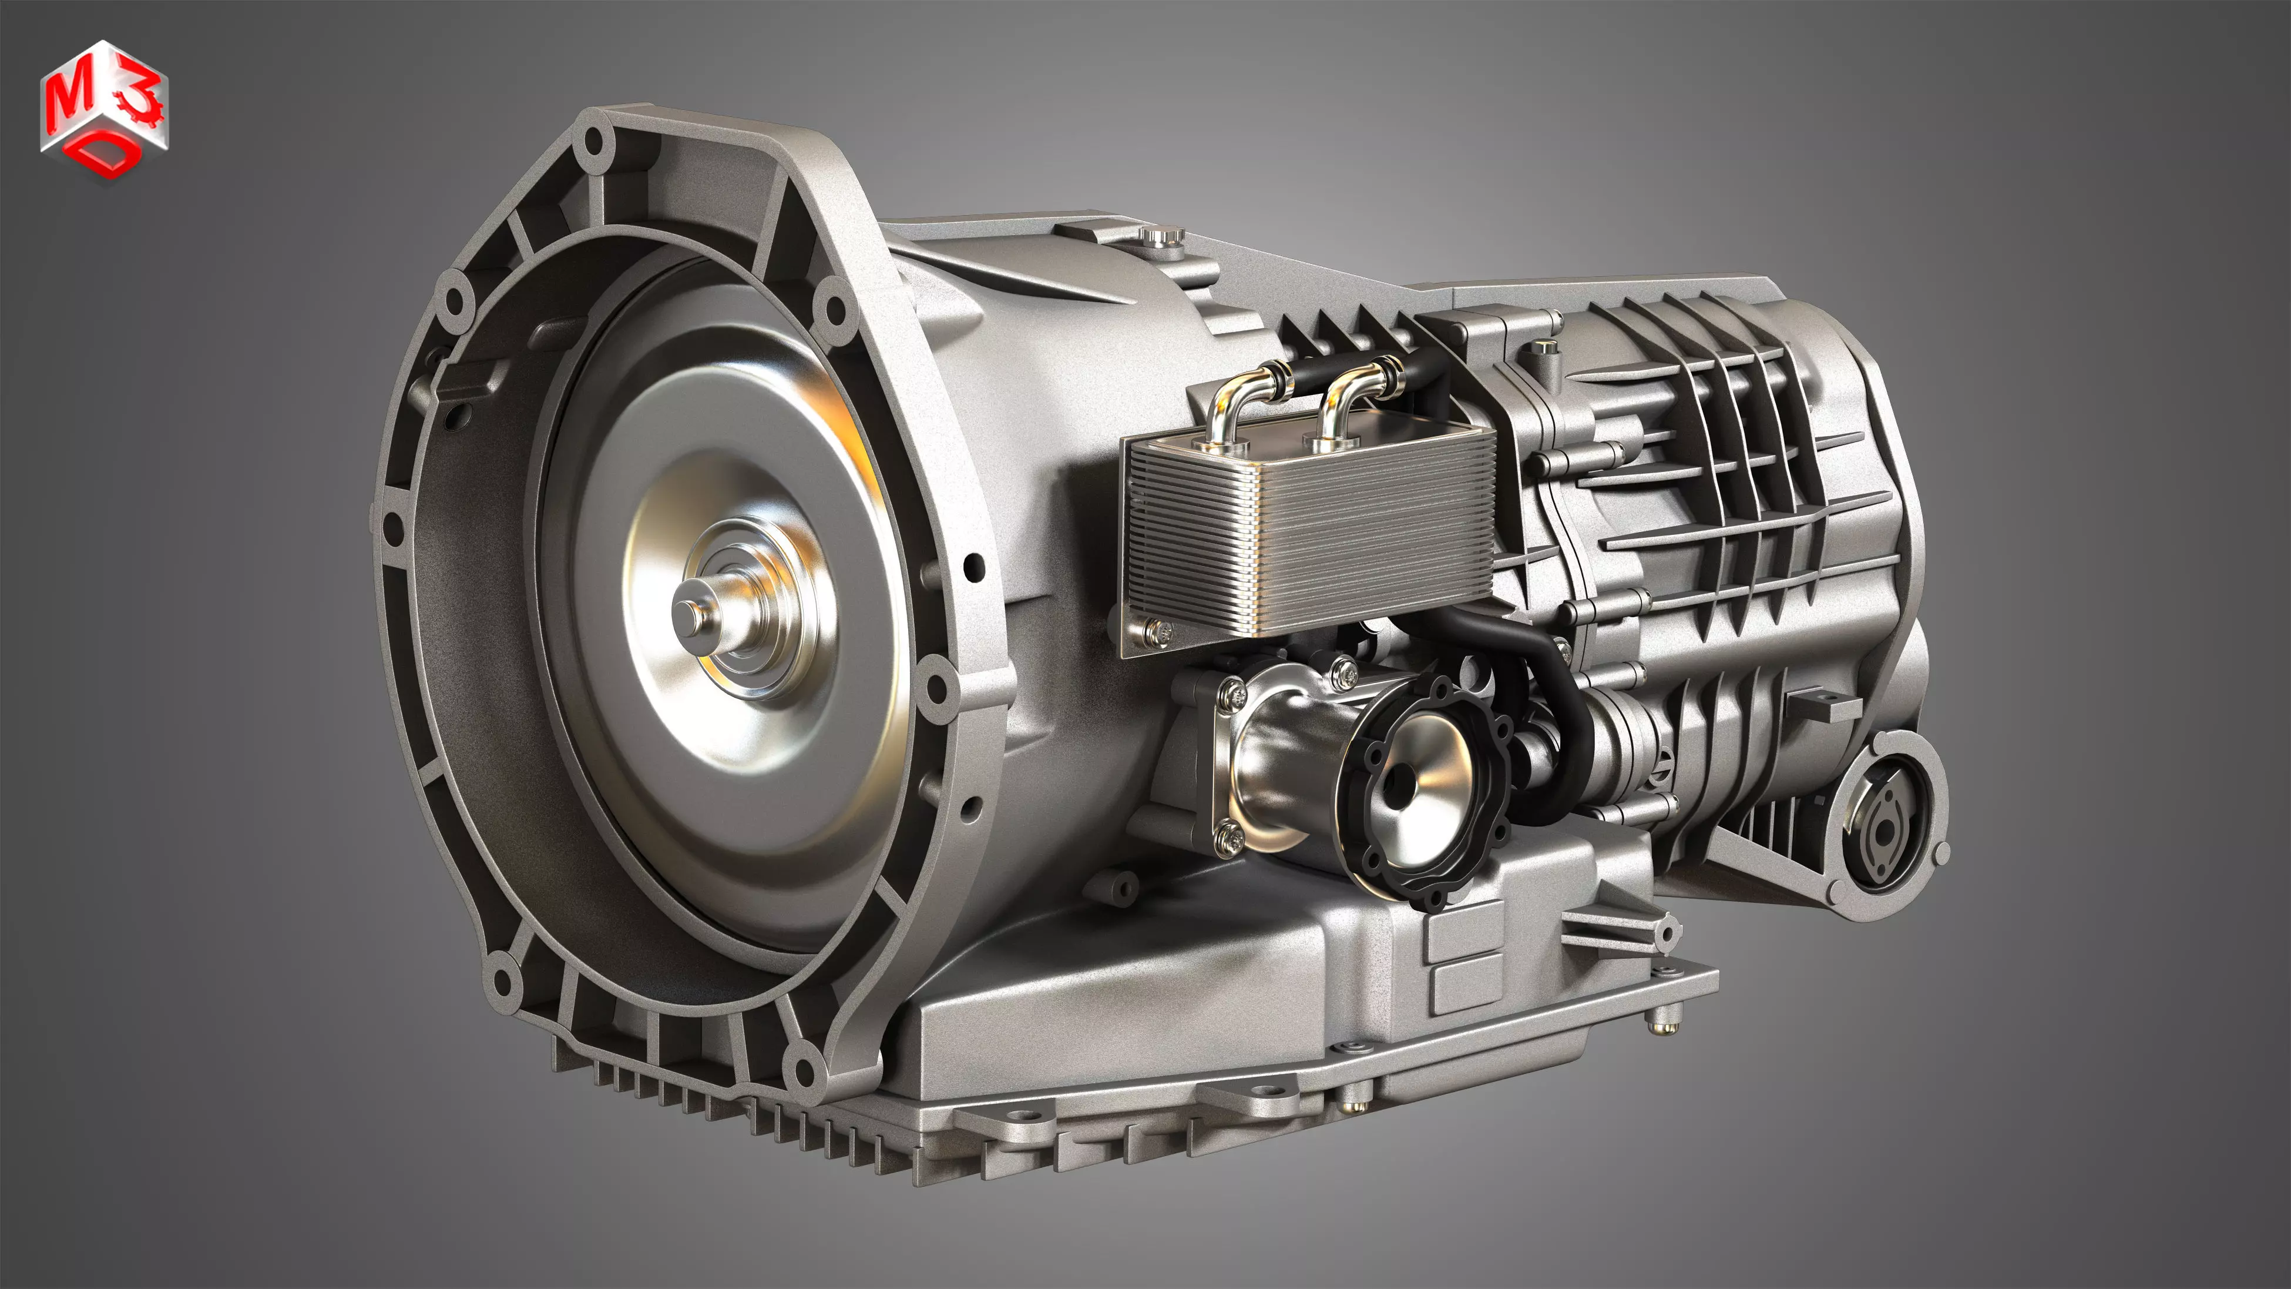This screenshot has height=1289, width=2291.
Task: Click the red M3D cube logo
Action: (104, 111)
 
